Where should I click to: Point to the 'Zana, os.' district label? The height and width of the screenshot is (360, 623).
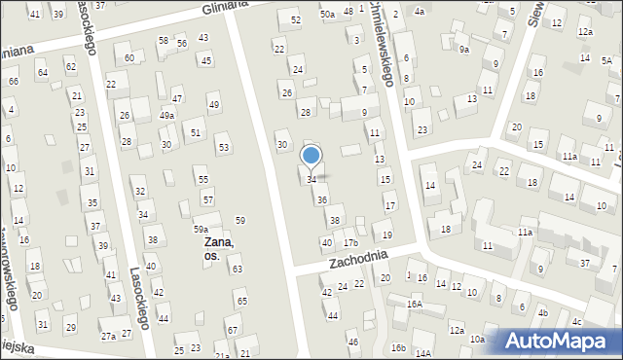coord(219,248)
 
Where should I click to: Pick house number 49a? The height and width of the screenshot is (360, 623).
coord(167,115)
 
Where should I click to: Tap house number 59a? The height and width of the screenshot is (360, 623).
coord(200,230)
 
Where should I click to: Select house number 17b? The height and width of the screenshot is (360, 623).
coord(350,243)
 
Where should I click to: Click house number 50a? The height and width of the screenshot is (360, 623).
coord(328,15)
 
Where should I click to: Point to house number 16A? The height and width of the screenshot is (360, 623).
coord(415,305)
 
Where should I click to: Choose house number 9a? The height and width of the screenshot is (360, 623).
coord(464,50)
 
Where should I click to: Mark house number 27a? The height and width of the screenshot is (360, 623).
coord(108,337)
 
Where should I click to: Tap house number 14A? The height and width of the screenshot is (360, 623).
coord(422,353)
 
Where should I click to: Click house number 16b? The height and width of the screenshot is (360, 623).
coord(397,347)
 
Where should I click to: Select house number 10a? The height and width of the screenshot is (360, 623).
coord(477,340)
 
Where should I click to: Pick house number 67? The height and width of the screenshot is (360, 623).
coord(232,331)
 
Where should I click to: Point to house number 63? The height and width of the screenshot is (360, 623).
coord(237,269)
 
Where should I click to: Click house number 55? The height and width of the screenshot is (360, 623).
coord(202,180)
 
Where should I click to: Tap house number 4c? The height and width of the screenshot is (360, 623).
coord(577,322)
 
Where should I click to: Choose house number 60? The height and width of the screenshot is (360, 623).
coord(129,58)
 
